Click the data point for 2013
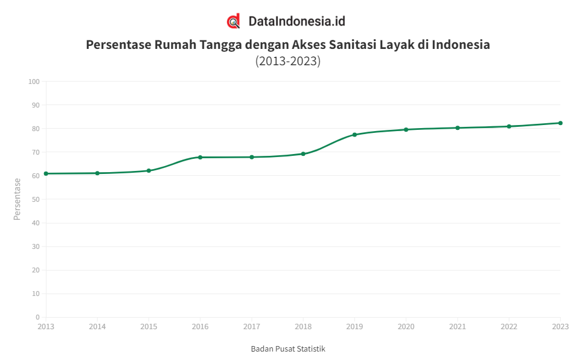(x=46, y=173)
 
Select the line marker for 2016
(x=200, y=157)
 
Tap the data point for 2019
(x=354, y=135)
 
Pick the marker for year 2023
(x=560, y=123)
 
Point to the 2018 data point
(x=303, y=153)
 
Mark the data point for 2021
(x=458, y=127)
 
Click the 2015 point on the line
(x=149, y=170)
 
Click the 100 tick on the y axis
(x=34, y=82)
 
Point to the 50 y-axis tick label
(x=36, y=199)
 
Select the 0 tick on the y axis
(x=37, y=317)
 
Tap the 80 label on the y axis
(x=36, y=129)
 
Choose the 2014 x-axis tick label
(x=97, y=327)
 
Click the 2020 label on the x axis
(x=406, y=327)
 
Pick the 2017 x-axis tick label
(x=252, y=327)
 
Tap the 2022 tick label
(x=509, y=327)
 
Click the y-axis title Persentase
(x=18, y=199)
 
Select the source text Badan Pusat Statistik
(x=288, y=349)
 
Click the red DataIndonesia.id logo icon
(x=234, y=21)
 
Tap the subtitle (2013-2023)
(x=288, y=61)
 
